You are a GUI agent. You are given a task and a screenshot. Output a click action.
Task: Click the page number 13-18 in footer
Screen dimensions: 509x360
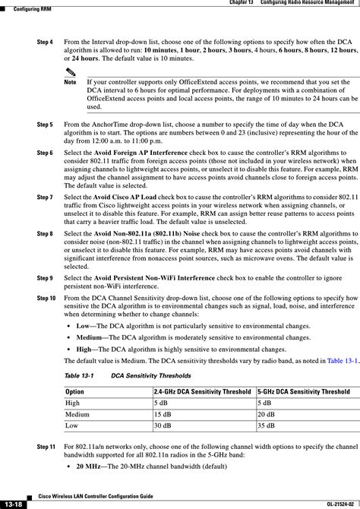coord(13,503)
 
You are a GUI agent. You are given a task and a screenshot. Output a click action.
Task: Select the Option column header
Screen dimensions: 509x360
coord(76,390)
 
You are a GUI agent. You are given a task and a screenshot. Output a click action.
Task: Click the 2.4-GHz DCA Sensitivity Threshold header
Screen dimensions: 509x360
coord(201,390)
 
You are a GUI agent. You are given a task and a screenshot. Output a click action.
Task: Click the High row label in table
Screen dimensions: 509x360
coord(73,403)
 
